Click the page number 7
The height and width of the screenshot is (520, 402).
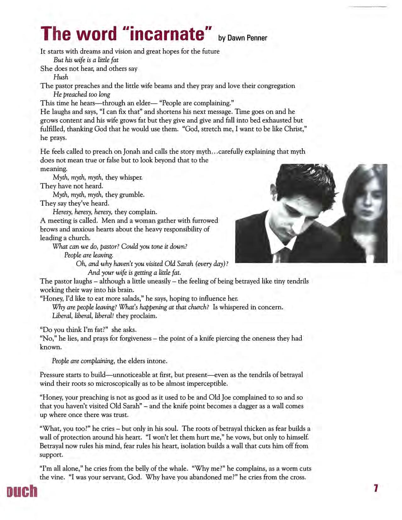tap(375, 489)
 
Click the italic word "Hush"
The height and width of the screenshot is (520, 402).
tap(61, 77)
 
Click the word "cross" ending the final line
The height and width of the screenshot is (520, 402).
tap(297, 477)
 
